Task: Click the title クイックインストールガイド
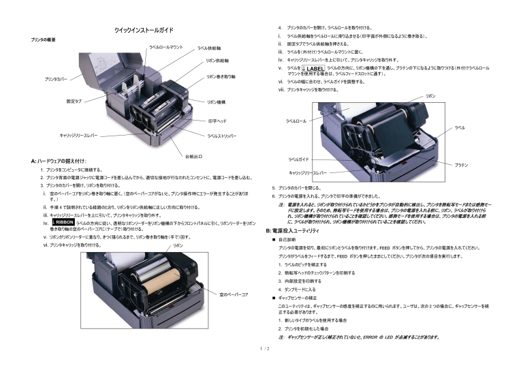144,31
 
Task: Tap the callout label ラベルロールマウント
166,47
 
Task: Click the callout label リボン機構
216,102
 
